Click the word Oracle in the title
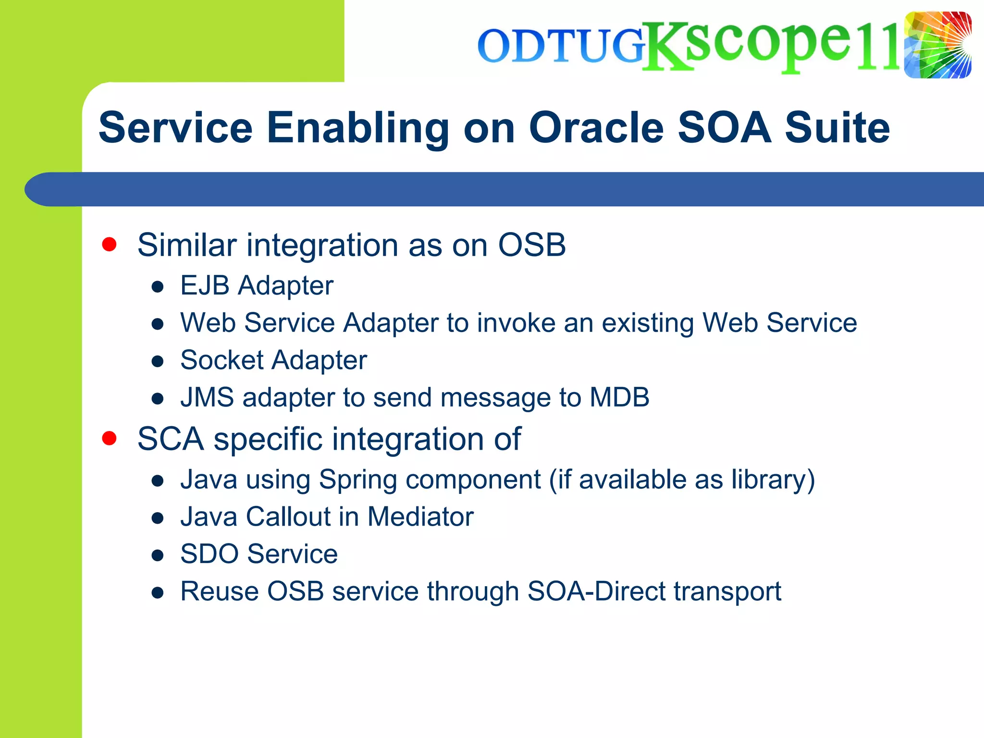[596, 128]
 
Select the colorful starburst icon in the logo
[937, 45]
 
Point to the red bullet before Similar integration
[110, 244]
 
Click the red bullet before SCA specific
[110, 438]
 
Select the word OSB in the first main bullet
[531, 245]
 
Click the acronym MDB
[619, 397]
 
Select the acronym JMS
[207, 397]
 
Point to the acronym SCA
[171, 439]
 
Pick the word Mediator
[420, 517]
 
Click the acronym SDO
[209, 554]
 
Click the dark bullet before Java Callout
[158, 518]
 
